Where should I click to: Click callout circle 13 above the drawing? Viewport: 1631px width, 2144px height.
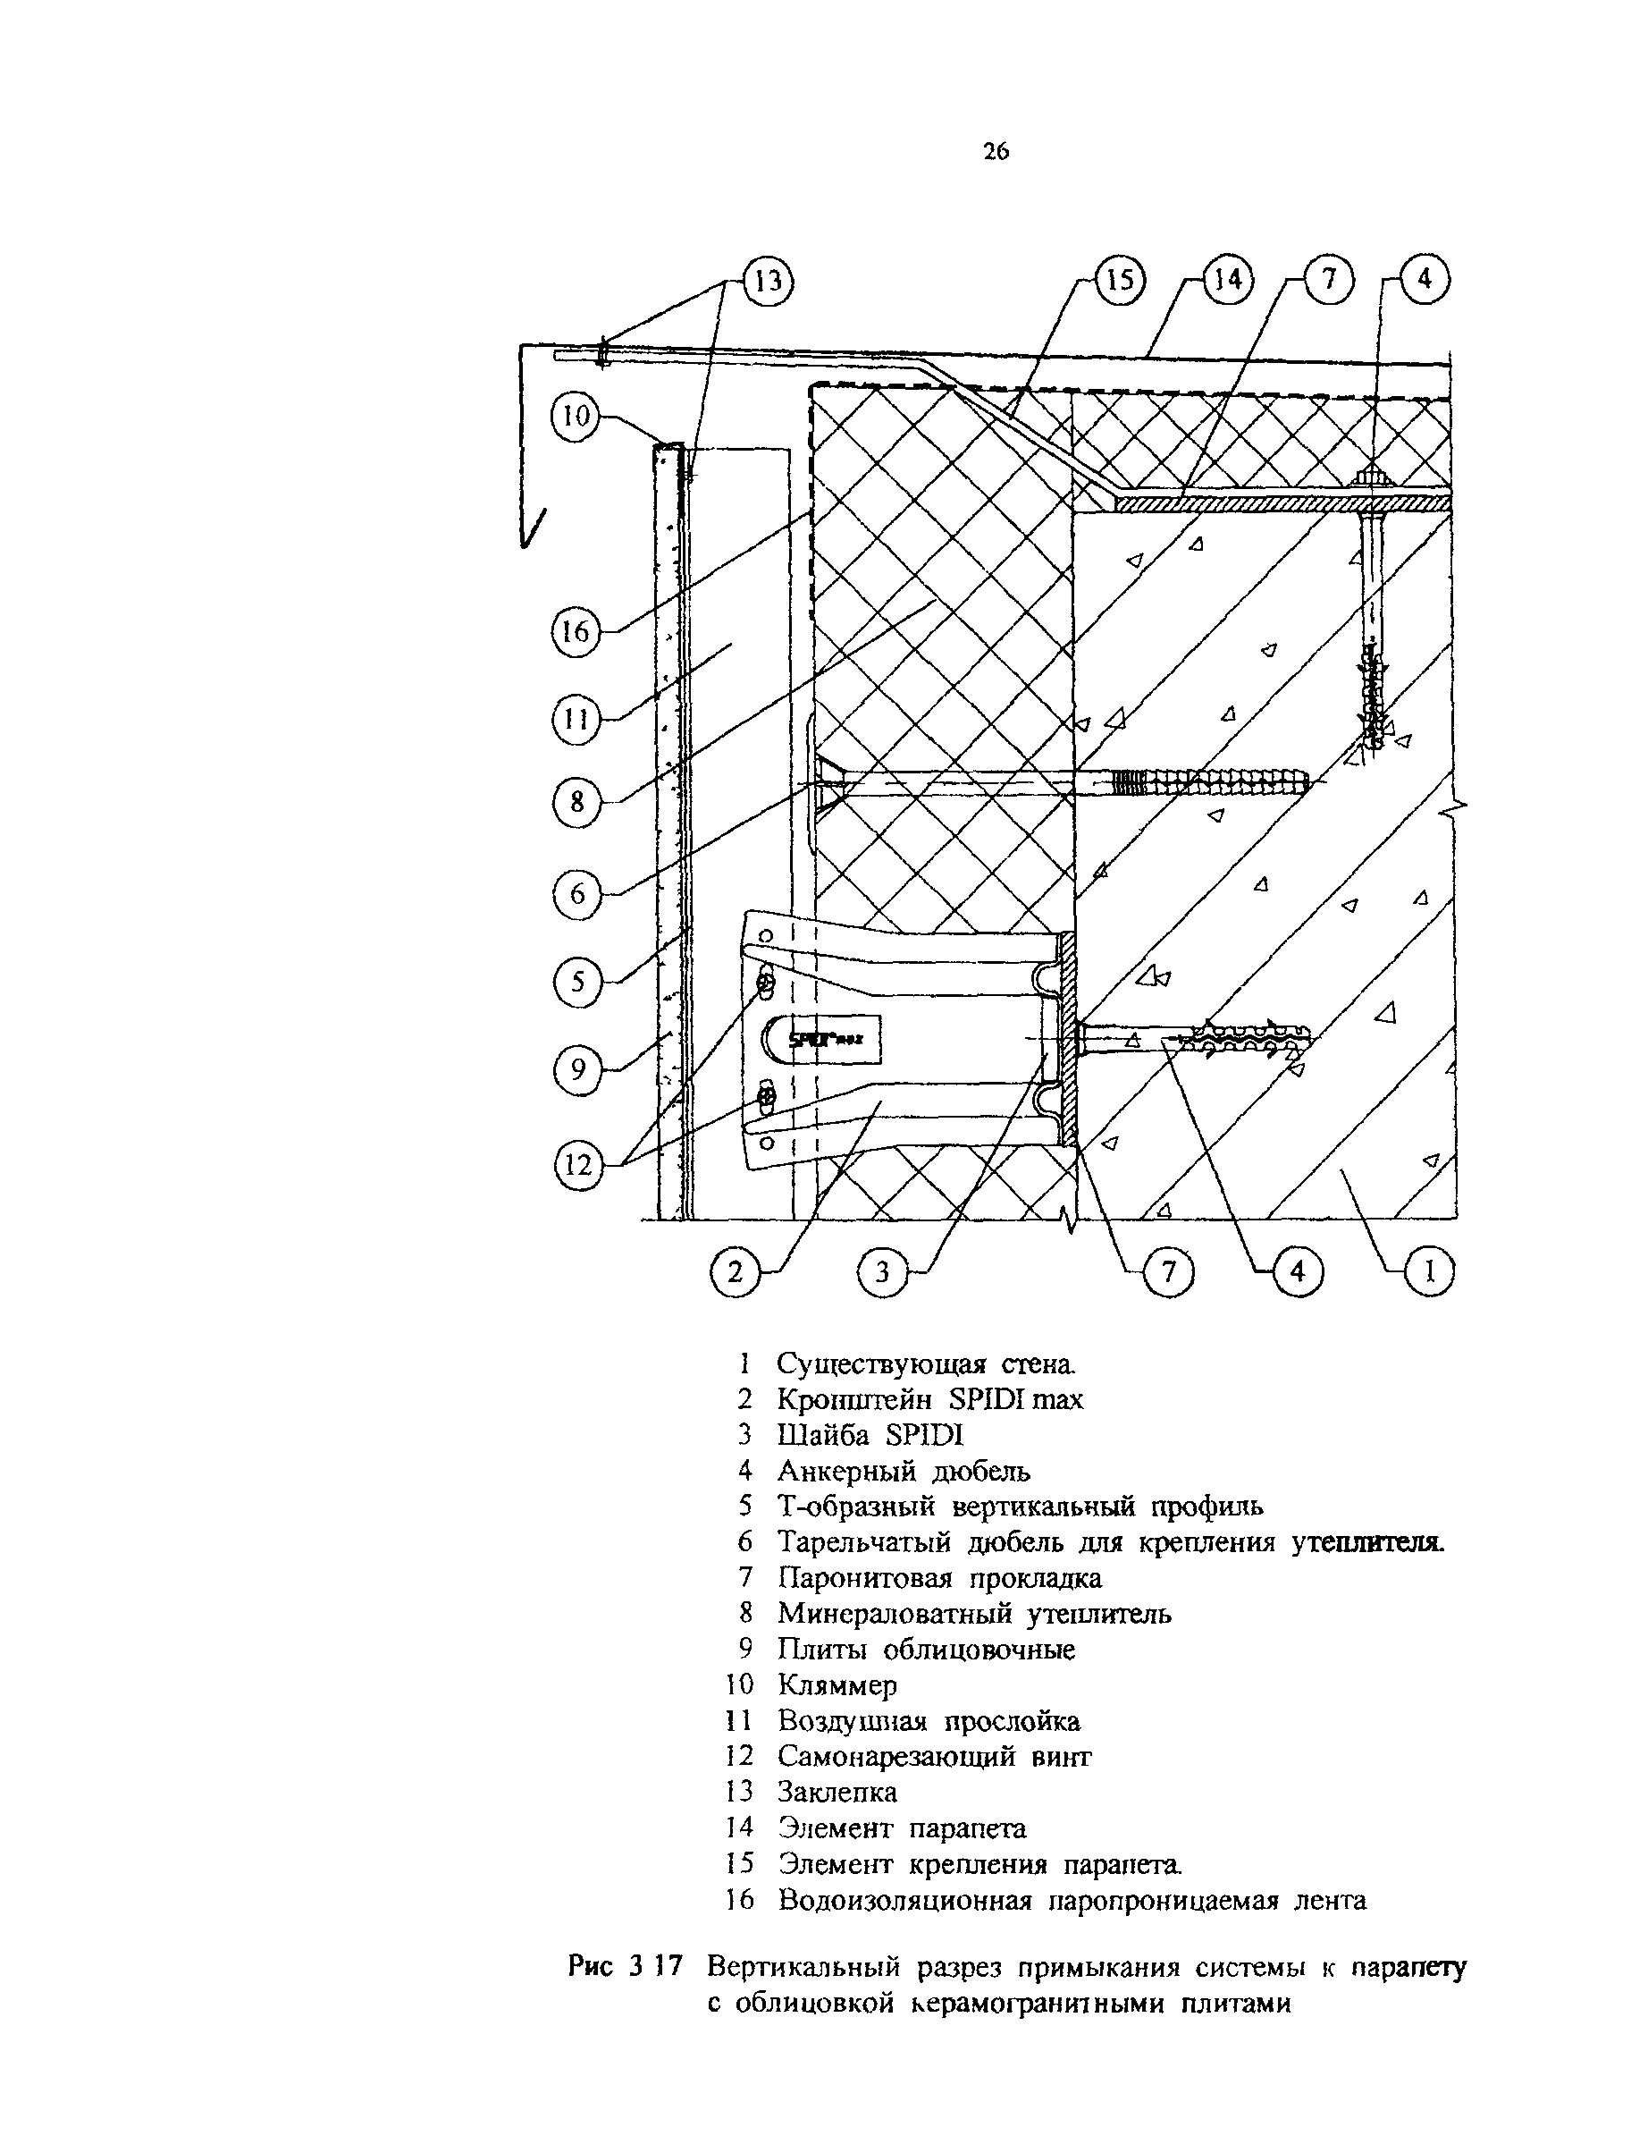768,283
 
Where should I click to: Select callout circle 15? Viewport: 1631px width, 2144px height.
1121,281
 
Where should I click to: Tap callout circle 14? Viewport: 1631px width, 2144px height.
1228,281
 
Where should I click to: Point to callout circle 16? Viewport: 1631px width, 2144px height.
576,632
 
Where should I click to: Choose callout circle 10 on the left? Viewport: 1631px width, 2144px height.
576,417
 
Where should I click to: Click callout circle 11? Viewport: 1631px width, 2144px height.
576,720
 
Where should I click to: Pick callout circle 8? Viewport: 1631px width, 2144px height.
576,803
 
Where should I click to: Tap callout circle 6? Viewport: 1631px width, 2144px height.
576,893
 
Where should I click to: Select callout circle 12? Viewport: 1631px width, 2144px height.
577,1163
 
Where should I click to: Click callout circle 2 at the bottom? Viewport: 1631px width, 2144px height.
735,1271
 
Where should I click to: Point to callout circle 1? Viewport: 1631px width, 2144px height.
1429,1271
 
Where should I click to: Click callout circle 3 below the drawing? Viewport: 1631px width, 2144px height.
881,1271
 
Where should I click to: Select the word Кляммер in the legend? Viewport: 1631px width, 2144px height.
837,1684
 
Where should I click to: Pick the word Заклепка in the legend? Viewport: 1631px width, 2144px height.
837,1792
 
